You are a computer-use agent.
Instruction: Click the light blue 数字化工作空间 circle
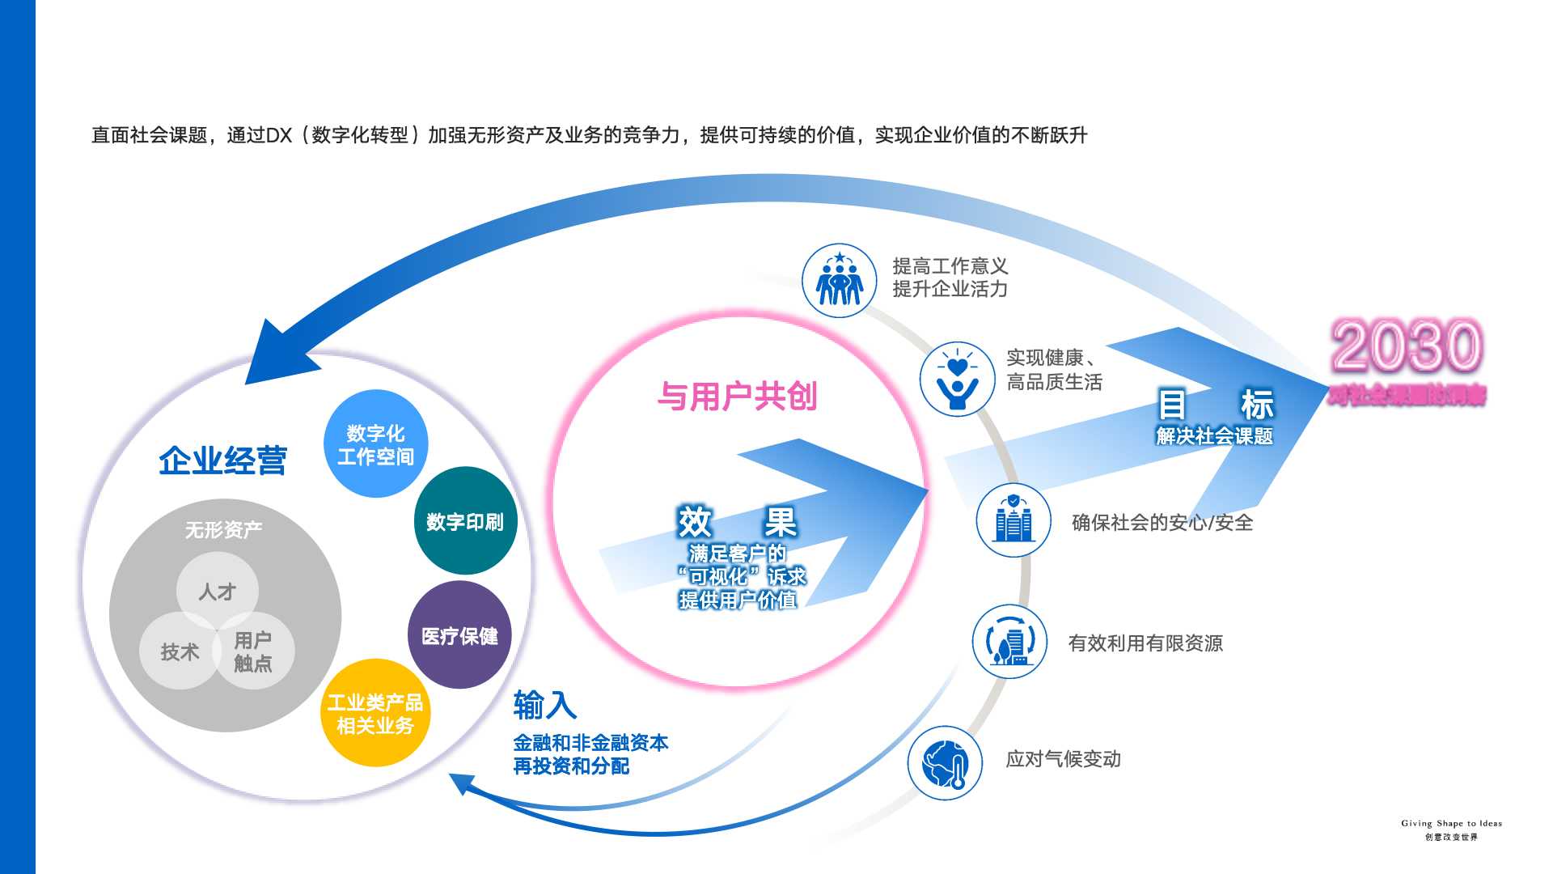click(x=375, y=444)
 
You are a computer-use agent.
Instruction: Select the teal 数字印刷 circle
click(x=465, y=521)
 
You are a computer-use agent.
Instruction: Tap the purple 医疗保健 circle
click(x=459, y=635)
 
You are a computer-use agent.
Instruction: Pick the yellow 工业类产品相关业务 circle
click(x=375, y=713)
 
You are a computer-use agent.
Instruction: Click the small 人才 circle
click(x=218, y=592)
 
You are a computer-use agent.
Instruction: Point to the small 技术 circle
click(x=180, y=651)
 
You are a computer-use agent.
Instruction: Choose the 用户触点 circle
click(x=253, y=651)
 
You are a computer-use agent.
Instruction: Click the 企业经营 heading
click(x=223, y=460)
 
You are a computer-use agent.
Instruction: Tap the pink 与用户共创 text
click(x=737, y=397)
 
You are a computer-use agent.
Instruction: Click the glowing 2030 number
click(x=1407, y=346)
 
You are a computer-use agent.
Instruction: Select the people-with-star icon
click(x=839, y=281)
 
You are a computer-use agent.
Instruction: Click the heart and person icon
click(x=957, y=379)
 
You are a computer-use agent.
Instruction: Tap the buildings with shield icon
click(x=1013, y=520)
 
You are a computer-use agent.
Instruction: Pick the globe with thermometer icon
click(x=945, y=763)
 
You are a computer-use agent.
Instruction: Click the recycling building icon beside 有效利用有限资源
click(x=1009, y=642)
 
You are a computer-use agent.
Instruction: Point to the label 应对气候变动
click(x=1063, y=759)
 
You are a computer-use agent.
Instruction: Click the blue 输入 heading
click(x=545, y=705)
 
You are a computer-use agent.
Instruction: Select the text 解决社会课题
click(x=1214, y=436)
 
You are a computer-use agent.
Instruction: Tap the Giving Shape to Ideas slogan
click(x=1451, y=824)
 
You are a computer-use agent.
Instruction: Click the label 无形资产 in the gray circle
click(x=223, y=530)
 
